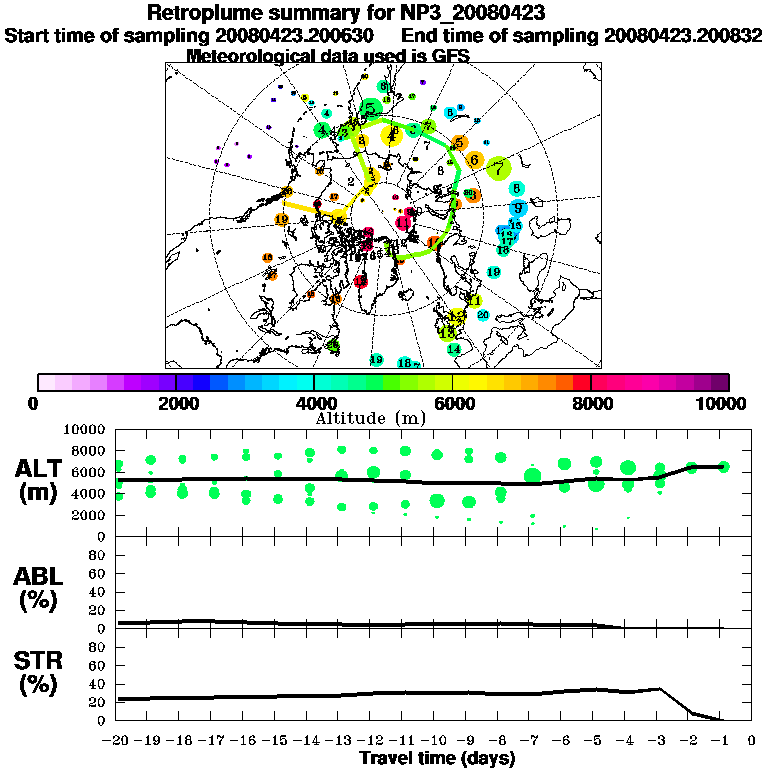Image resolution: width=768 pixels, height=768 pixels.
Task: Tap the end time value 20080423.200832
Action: click(x=683, y=35)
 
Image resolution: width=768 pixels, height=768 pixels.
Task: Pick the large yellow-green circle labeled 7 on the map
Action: click(x=499, y=169)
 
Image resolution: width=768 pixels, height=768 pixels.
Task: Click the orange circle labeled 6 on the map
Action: click(x=474, y=159)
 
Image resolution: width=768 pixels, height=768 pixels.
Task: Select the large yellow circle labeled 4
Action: click(x=391, y=136)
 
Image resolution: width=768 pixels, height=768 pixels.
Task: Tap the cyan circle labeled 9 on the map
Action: click(x=517, y=208)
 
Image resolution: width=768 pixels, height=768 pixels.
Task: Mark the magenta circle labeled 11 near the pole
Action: click(x=404, y=222)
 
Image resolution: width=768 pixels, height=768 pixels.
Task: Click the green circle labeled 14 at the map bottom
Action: click(x=453, y=349)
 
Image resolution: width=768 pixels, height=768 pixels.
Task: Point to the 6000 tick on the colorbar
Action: click(x=453, y=403)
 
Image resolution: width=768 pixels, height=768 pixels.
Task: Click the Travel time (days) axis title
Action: click(x=437, y=758)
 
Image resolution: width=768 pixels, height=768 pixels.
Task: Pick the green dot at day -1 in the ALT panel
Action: click(x=723, y=466)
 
